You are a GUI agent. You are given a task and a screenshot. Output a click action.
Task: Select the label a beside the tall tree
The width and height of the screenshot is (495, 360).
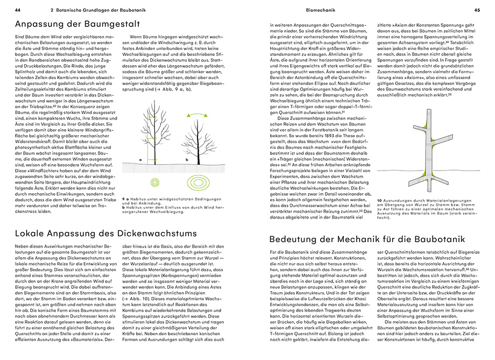point(140,160)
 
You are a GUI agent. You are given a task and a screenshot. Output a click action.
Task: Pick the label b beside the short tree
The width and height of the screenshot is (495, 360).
point(187,160)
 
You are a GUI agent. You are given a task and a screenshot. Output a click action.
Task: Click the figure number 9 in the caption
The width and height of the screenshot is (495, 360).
point(124,199)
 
